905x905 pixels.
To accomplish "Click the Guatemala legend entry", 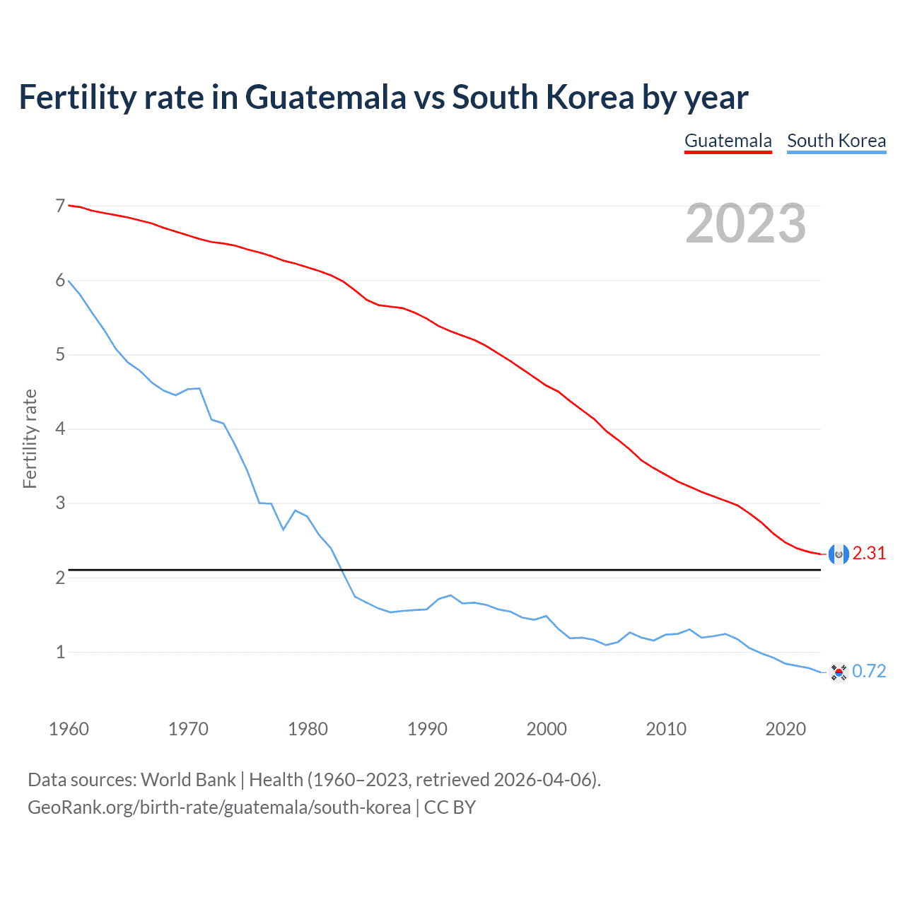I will [728, 141].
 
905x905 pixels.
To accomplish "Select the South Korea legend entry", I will [836, 141].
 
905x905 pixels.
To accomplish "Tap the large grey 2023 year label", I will [745, 223].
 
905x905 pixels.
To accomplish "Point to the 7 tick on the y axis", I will [60, 206].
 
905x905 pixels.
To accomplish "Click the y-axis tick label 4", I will [60, 428].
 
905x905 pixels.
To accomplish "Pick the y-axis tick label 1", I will [60, 652].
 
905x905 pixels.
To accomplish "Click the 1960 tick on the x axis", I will [69, 729].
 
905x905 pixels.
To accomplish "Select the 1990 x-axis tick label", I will [427, 729].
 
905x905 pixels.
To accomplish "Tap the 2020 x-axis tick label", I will [786, 729].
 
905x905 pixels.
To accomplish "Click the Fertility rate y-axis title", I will [30, 438].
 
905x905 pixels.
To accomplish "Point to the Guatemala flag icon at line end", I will [839, 554].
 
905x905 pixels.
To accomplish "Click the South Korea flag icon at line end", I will [839, 672].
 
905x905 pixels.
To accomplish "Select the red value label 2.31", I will [869, 554].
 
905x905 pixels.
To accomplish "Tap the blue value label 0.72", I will [869, 671].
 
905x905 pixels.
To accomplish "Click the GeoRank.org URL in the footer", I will [219, 807].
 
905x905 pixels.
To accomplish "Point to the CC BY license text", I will [450, 807].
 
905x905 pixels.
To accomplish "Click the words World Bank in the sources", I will [188, 780].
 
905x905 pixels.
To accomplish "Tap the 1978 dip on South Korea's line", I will [284, 529].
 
